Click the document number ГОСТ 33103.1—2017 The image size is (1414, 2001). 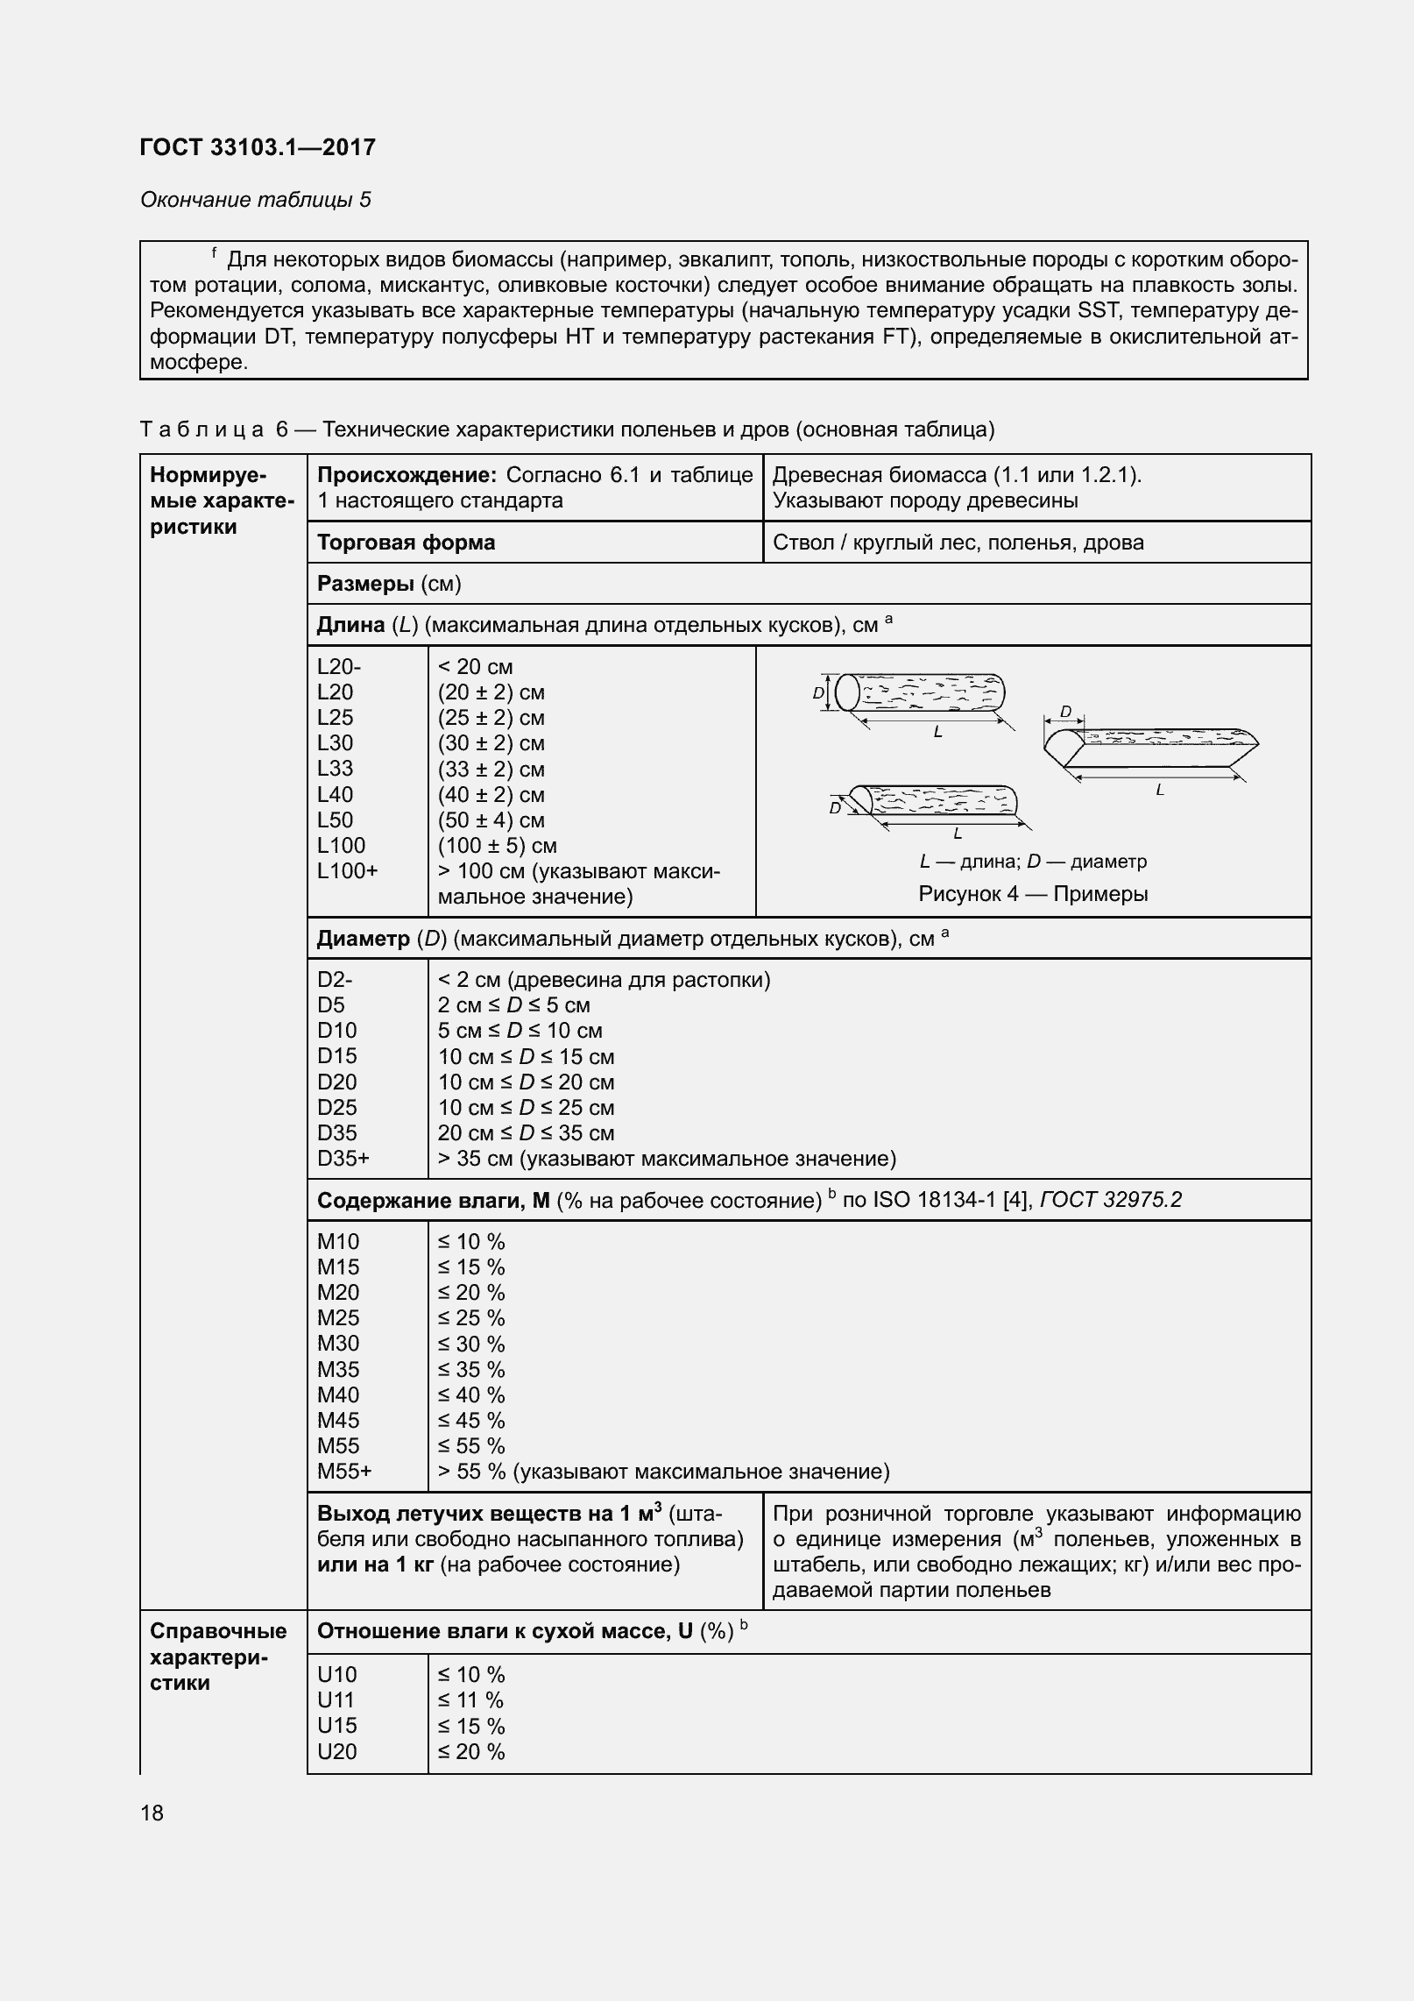(x=258, y=147)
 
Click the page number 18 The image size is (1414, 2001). (x=152, y=1813)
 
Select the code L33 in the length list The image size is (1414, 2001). (x=335, y=769)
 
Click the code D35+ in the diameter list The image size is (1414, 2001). (x=343, y=1159)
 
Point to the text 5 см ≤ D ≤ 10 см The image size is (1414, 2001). (x=520, y=1031)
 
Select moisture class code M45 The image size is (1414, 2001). (x=338, y=1421)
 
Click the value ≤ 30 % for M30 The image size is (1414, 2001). (x=470, y=1344)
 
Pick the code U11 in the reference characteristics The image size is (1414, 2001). (x=336, y=1700)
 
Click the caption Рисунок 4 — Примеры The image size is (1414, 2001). (x=1033, y=894)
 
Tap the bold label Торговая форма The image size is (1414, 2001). (x=406, y=543)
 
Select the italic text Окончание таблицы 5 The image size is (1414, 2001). (x=255, y=200)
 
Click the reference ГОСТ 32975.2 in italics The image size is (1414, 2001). (x=1110, y=1200)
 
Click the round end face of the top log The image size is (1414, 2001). (x=846, y=693)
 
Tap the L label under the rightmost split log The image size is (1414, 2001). (x=1160, y=791)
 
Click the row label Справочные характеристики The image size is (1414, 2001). (x=218, y=1657)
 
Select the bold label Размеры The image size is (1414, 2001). (x=365, y=584)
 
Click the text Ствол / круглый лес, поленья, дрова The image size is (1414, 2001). (x=958, y=543)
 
